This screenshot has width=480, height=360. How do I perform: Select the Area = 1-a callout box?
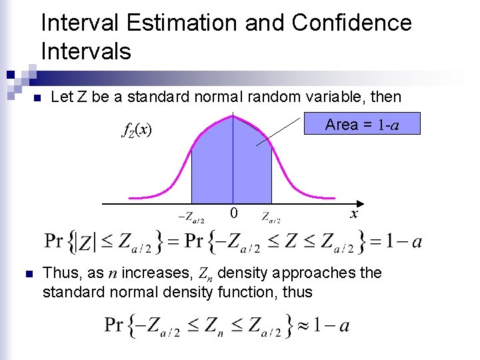[362, 124]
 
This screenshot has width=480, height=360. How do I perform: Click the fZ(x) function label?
[137, 130]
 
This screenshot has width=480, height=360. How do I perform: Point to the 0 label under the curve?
[233, 214]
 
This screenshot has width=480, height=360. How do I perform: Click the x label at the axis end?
[354, 214]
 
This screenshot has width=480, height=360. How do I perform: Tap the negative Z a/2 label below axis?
[191, 217]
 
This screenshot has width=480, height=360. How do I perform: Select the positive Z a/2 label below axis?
[271, 217]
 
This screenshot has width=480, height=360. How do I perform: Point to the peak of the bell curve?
[232, 116]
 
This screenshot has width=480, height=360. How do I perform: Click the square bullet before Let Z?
[37, 98]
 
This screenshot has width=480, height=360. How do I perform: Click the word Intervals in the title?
[86, 51]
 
